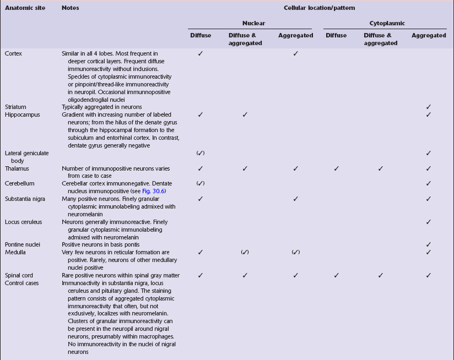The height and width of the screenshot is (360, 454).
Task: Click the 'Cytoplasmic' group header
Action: [387, 24]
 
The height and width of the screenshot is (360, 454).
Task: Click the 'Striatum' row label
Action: [15, 107]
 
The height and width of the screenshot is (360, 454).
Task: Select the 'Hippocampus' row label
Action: [21, 114]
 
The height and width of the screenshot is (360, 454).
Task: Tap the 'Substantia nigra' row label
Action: [25, 198]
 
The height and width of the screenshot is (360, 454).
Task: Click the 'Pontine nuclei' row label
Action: [23, 244]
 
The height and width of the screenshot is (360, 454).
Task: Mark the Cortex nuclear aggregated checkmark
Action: [296, 53]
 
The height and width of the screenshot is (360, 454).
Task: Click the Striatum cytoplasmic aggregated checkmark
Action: [429, 107]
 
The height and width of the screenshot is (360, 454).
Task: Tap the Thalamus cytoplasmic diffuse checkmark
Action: [336, 168]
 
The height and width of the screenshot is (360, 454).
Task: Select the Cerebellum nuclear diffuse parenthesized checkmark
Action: [201, 183]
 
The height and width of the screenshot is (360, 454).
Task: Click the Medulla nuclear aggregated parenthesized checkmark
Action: [296, 252]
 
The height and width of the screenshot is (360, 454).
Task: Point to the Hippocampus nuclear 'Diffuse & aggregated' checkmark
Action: [245, 114]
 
